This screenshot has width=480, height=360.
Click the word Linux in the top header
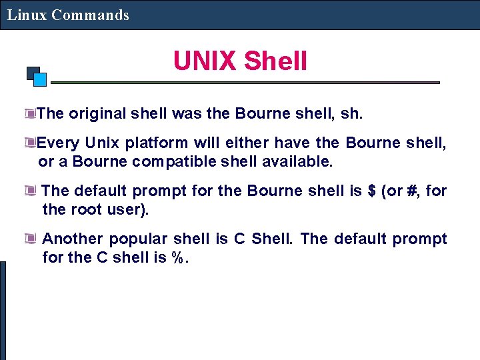pyautogui.click(x=27, y=15)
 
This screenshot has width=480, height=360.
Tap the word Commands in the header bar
pyautogui.click(x=90, y=15)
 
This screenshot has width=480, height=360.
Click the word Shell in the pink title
pyautogui.click(x=275, y=61)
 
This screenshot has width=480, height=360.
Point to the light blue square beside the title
pyautogui.click(x=40, y=80)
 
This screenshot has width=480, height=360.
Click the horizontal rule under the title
pyautogui.click(x=245, y=83)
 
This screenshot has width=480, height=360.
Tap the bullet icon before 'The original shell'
pyautogui.click(x=29, y=113)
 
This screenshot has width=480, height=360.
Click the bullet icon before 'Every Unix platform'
pyautogui.click(x=29, y=142)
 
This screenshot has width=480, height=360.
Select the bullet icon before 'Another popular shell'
pyautogui.click(x=30, y=238)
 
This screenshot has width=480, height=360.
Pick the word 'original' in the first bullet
pyautogui.click(x=97, y=113)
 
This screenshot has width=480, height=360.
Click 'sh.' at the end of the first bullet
pyautogui.click(x=351, y=113)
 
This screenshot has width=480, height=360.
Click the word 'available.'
pyautogui.click(x=298, y=161)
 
